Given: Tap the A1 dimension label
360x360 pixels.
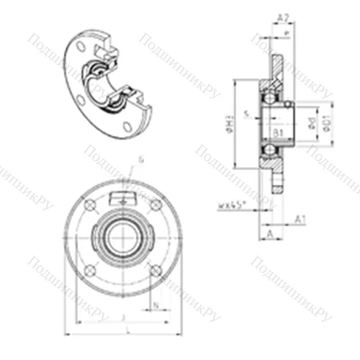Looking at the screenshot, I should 301,220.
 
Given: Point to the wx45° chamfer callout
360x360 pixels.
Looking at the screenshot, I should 232,205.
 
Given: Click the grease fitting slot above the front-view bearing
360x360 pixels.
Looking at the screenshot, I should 122,198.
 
